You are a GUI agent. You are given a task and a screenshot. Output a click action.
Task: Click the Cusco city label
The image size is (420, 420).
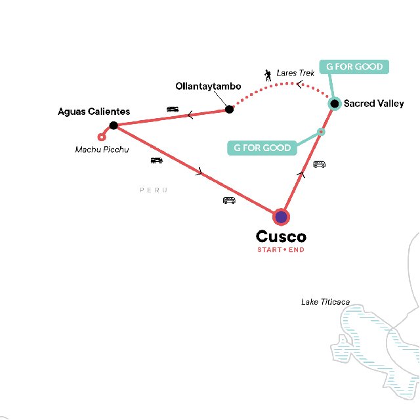tap(281, 236)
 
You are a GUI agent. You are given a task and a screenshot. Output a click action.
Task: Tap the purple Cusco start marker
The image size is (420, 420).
tap(282, 217)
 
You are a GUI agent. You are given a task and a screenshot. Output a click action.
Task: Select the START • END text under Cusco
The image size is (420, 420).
tap(281, 249)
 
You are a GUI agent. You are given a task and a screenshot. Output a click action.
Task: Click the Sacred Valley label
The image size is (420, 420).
tap(374, 104)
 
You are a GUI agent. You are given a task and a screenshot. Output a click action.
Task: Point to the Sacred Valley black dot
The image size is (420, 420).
tap(335, 104)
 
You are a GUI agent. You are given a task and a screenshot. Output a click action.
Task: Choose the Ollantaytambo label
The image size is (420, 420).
tap(208, 86)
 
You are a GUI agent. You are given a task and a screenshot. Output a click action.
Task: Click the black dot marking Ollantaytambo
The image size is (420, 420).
tap(229, 110)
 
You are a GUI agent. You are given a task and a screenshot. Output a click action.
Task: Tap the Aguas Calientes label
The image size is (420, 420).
tap(94, 112)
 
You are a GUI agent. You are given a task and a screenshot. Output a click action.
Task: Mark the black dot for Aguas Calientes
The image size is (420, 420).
tap(114, 125)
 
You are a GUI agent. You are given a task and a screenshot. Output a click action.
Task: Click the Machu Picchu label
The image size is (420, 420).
tap(102, 150)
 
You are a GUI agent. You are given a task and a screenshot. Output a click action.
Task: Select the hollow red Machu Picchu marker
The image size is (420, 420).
tap(101, 137)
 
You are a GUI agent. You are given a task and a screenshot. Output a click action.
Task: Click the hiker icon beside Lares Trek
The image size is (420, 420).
tap(268, 75)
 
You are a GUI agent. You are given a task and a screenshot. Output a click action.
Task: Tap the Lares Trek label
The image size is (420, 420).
tap(295, 73)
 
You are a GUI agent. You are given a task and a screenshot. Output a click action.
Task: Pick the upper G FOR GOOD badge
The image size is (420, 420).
tap(354, 67)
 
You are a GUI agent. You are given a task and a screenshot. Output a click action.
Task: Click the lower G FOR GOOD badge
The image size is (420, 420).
tap(262, 148)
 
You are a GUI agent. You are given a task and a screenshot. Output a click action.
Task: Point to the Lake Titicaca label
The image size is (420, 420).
tap(325, 302)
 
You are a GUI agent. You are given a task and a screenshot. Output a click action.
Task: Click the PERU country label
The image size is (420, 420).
tap(154, 190)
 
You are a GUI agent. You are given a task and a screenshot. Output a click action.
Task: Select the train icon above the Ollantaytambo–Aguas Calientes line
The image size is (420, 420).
tap(173, 110)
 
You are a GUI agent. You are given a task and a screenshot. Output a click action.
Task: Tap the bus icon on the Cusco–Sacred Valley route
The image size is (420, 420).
tap(320, 164)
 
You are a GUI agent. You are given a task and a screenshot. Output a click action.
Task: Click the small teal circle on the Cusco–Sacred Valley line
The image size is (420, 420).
tap(321, 132)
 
